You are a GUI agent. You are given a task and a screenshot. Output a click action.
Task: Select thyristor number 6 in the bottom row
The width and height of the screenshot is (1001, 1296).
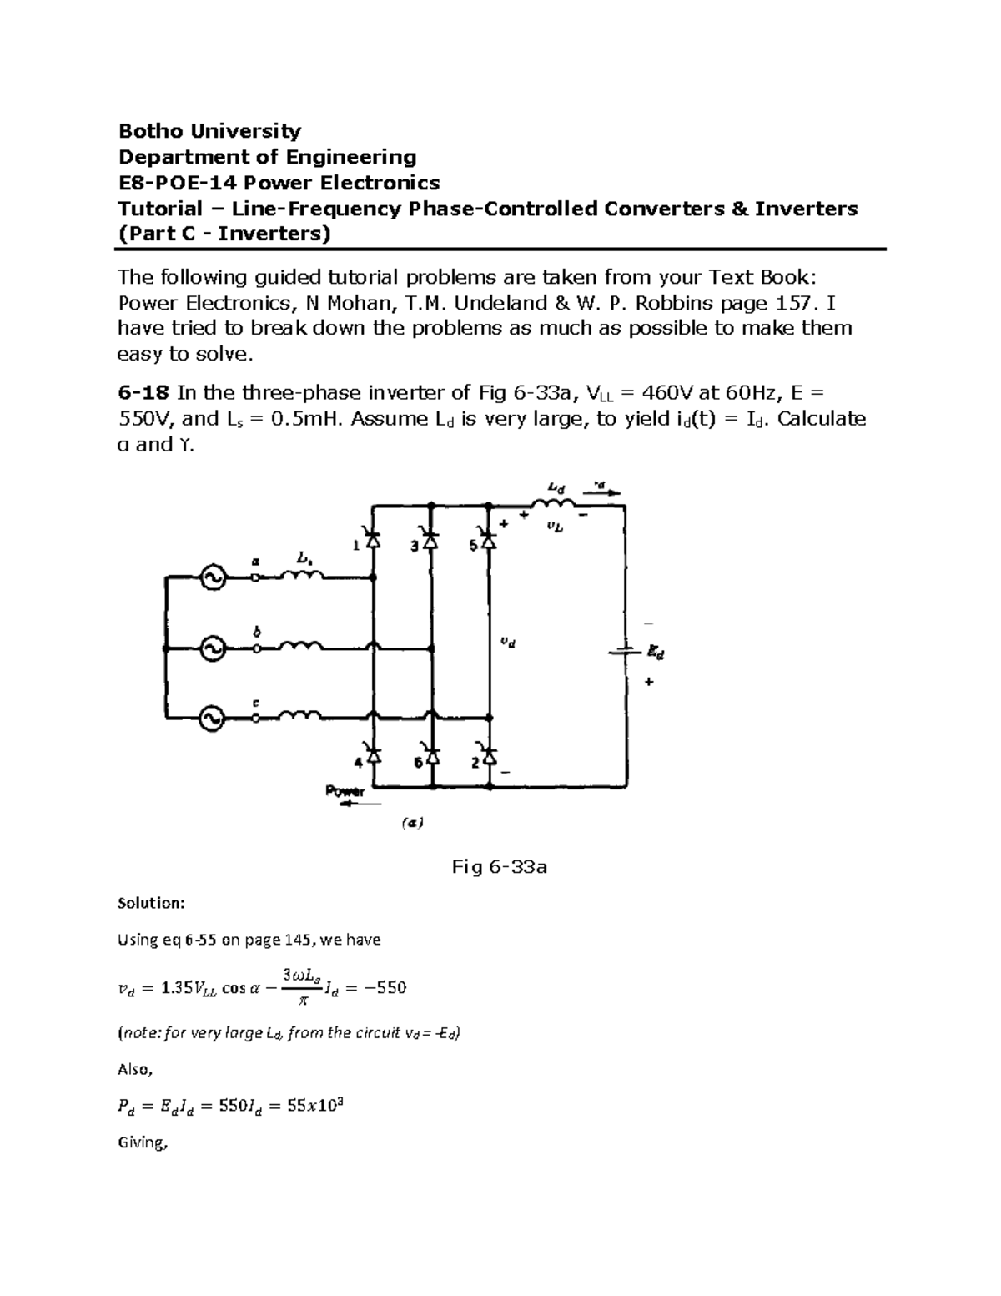(x=431, y=756)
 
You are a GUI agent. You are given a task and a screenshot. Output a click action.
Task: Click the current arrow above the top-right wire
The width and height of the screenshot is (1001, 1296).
(x=605, y=492)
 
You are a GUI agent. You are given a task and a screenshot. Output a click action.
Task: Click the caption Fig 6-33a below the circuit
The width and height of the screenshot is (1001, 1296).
(x=499, y=867)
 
